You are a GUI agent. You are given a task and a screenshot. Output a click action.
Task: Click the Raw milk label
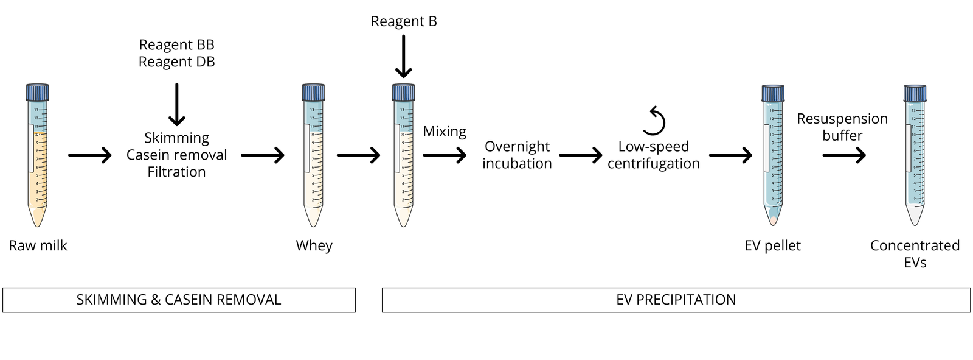click(x=38, y=245)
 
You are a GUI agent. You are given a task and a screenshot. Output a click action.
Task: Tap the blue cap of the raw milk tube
click(x=37, y=93)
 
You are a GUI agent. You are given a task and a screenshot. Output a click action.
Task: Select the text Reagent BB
click(x=176, y=44)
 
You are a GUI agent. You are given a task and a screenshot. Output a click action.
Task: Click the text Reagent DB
click(x=176, y=62)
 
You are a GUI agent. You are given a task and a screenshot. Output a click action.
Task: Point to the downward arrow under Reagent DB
click(x=177, y=105)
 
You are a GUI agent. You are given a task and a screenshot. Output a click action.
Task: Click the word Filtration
click(x=176, y=172)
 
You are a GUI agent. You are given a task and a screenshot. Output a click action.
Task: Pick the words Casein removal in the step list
click(x=176, y=155)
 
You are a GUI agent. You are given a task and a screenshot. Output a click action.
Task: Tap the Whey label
click(x=314, y=245)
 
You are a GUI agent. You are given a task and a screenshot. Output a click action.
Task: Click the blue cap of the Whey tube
click(x=314, y=93)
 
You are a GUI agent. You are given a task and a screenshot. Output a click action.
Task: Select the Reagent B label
click(x=404, y=21)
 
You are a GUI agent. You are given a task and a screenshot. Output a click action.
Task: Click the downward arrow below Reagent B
click(x=404, y=57)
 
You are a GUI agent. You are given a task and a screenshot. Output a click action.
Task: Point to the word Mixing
click(x=445, y=132)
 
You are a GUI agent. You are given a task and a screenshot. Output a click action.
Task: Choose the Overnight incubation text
click(x=517, y=155)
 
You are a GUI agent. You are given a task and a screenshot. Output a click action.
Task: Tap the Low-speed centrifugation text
click(x=653, y=155)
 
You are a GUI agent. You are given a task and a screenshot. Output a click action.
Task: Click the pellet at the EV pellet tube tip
click(x=773, y=221)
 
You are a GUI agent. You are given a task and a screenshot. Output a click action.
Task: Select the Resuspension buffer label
click(x=842, y=127)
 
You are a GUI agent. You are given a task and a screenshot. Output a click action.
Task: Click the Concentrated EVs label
click(x=915, y=254)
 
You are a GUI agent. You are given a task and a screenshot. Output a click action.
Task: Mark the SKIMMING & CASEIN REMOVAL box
click(x=179, y=300)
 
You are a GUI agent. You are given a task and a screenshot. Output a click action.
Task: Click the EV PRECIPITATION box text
click(x=676, y=300)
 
